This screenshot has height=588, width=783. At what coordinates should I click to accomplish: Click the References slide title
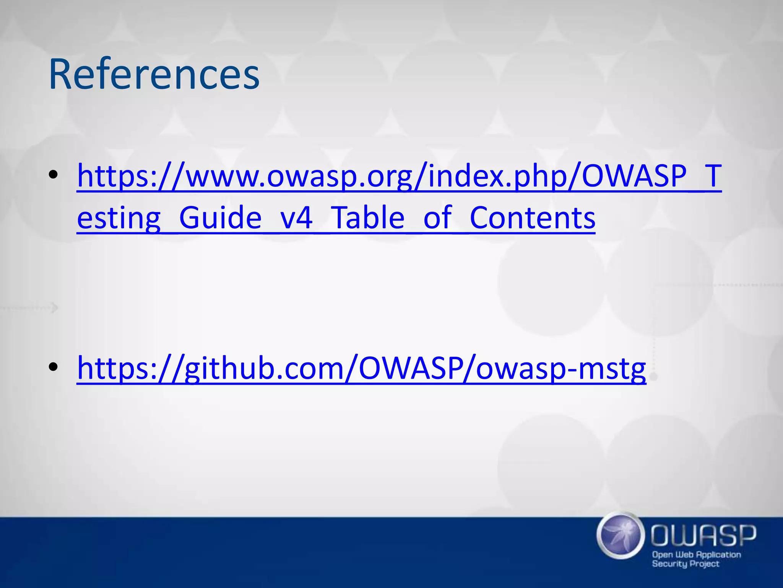point(154,74)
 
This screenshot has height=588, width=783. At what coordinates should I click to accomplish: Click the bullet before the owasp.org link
point(54,175)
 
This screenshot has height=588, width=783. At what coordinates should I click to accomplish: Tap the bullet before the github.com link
point(54,367)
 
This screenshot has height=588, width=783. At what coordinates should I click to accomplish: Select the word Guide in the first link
point(220,217)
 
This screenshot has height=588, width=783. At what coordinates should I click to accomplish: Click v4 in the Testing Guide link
point(296,217)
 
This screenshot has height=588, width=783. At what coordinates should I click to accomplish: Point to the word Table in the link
point(367,217)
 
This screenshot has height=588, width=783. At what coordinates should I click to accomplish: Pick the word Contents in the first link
point(532,217)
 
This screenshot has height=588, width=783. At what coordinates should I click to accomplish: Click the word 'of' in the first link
point(437,217)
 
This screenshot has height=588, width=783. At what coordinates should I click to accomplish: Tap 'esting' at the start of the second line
point(119,218)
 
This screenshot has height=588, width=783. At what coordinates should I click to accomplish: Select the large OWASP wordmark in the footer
point(703,536)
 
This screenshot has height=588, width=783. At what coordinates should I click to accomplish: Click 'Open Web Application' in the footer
point(696,555)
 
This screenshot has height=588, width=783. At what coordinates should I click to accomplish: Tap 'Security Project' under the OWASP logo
point(686,564)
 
